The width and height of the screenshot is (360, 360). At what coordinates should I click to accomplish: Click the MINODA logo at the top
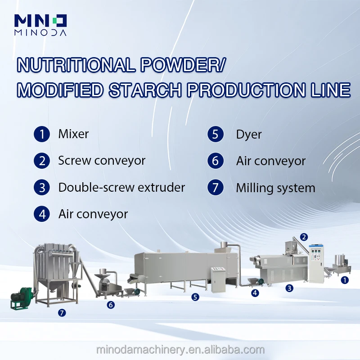[40, 25]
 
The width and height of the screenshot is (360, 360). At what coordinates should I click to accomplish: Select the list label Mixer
[73, 134]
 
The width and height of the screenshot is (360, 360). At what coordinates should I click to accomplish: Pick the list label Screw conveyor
[102, 161]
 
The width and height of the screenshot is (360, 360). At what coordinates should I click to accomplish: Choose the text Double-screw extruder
[121, 188]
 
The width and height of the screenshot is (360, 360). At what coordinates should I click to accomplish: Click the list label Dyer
[249, 134]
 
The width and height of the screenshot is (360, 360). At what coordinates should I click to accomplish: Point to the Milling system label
[275, 188]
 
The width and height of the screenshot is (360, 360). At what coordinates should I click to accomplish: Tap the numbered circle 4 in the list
[42, 214]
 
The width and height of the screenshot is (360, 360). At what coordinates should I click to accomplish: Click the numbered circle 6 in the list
[216, 161]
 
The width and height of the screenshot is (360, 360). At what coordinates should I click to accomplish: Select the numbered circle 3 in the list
[42, 188]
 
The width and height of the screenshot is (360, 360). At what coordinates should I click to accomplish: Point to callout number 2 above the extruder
[304, 237]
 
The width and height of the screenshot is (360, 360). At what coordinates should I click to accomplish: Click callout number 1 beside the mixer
[345, 280]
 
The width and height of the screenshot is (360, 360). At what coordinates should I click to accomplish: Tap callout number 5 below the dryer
[195, 297]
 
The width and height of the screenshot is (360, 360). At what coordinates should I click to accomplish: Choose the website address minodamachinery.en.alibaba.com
[180, 350]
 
